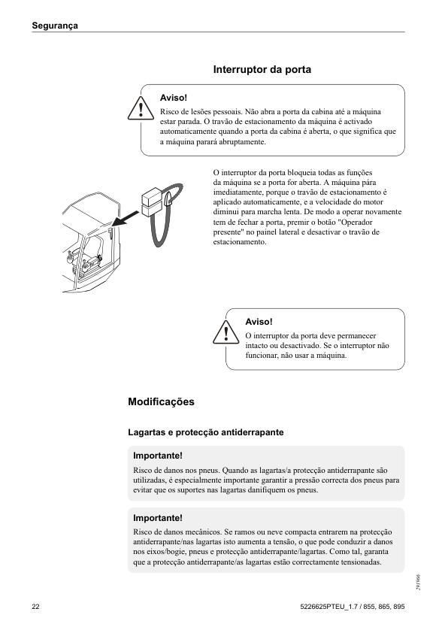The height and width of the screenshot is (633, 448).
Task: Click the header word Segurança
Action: coord(56,26)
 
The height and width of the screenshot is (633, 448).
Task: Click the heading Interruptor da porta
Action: coord(262,69)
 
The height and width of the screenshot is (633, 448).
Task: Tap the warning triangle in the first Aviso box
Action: coord(140,109)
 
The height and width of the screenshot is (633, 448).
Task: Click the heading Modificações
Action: coord(161,402)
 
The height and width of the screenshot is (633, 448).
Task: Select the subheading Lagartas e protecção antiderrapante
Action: coord(205,432)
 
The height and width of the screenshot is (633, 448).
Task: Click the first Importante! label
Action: coord(157,456)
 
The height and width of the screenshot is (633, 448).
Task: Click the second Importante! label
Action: coord(157,518)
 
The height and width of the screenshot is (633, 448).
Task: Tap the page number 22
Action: coord(36,607)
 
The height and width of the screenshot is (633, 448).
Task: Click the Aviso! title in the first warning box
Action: coord(174,98)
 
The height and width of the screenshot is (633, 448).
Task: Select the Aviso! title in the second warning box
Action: coord(259,322)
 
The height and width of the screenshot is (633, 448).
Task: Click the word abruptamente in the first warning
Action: coord(240,142)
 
